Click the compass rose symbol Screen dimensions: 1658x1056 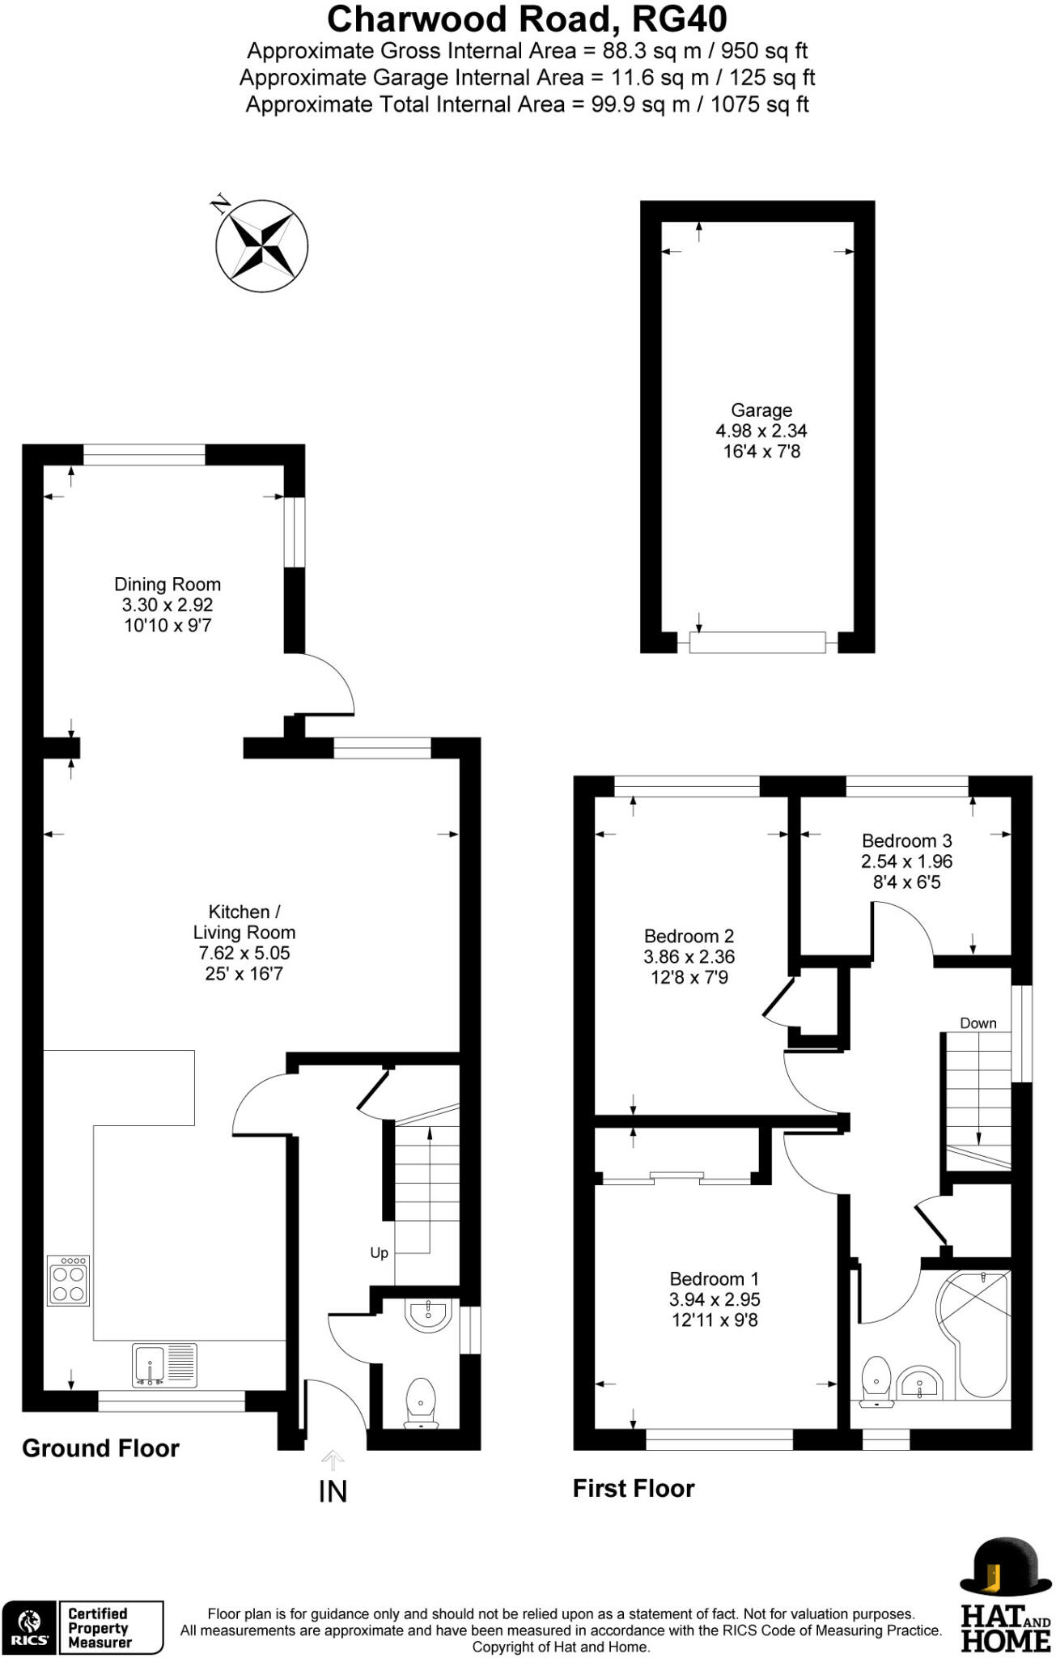262,244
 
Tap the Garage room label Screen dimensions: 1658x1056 761,410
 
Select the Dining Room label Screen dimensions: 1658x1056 168,585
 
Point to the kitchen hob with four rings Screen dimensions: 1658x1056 69,1281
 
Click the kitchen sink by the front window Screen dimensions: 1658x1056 164,1364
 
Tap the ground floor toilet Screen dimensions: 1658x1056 421,1401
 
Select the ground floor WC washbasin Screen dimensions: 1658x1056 429,1315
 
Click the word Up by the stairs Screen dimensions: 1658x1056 379,1252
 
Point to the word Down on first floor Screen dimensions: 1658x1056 978,1023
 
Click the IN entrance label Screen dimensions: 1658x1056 333,1491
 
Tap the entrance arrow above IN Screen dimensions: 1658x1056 333,1460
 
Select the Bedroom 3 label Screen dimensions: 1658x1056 906,841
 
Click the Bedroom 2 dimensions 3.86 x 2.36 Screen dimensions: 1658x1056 689,957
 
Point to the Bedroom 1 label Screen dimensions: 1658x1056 714,1279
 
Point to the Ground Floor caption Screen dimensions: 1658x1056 100,1448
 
